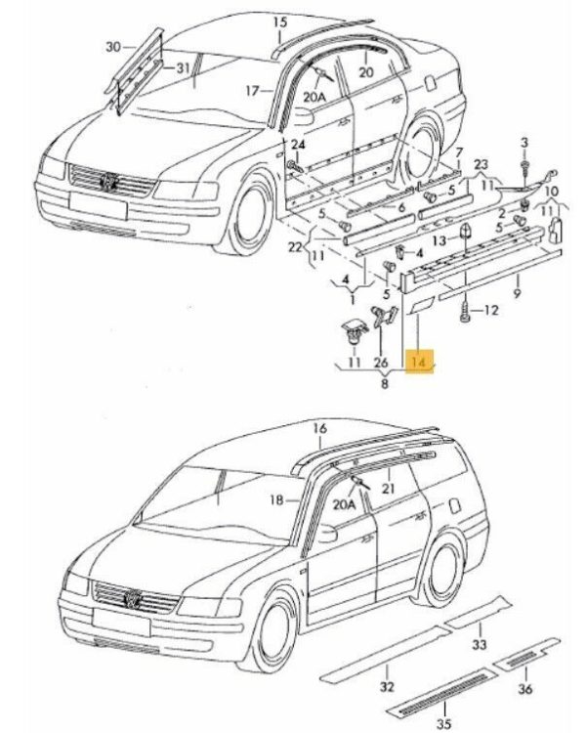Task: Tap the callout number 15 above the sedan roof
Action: pyautogui.click(x=279, y=22)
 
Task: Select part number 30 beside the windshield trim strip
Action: pyautogui.click(x=112, y=47)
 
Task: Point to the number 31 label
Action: pyautogui.click(x=183, y=67)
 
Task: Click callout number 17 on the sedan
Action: pyautogui.click(x=251, y=91)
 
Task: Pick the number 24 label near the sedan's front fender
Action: pyautogui.click(x=299, y=146)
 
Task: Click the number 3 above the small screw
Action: pyautogui.click(x=524, y=144)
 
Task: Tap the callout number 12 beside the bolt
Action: pyautogui.click(x=491, y=311)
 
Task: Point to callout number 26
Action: pyautogui.click(x=381, y=363)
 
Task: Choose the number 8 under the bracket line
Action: pyautogui.click(x=385, y=385)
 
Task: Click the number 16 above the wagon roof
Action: pyautogui.click(x=319, y=429)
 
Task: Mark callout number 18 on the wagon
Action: pyautogui.click(x=276, y=499)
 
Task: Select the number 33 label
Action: pyautogui.click(x=479, y=644)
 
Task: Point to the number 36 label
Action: pyautogui.click(x=525, y=689)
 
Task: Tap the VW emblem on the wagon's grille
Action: pyautogui.click(x=132, y=596)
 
